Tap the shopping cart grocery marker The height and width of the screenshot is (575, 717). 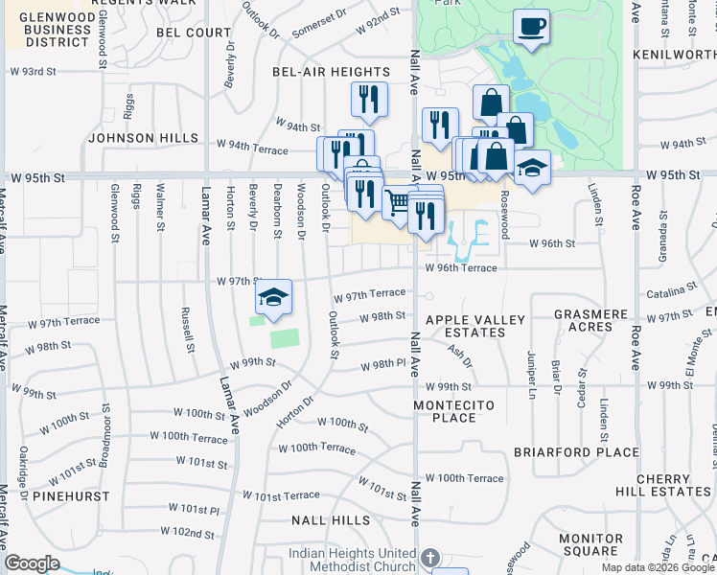[398, 201]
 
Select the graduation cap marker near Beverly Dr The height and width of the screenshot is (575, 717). [273, 298]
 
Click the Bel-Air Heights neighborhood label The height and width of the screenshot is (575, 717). [331, 72]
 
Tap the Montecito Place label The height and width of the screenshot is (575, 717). [454, 411]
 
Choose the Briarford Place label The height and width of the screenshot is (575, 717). [576, 452]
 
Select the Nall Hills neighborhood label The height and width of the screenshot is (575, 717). [331, 520]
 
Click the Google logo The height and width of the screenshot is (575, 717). [33, 563]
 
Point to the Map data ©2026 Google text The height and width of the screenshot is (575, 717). [657, 567]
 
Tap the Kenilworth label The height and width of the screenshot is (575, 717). [676, 54]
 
